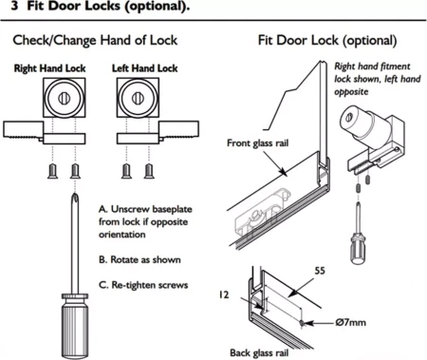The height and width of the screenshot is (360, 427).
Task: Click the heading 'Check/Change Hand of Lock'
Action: pyautogui.click(x=95, y=41)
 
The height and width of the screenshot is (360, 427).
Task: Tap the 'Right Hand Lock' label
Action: pyautogui.click(x=49, y=68)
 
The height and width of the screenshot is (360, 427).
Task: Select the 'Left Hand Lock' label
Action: pyautogui.click(x=144, y=68)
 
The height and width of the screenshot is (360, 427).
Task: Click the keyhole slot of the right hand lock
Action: pyautogui.click(x=64, y=99)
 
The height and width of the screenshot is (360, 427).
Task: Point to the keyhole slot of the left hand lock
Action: pyautogui.click(x=138, y=98)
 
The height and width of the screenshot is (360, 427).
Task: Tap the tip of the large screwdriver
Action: pyautogui.click(x=75, y=194)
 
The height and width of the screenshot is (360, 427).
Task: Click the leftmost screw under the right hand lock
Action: pyautogui.click(x=52, y=171)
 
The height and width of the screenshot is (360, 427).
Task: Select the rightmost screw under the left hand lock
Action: pyautogui.click(x=149, y=171)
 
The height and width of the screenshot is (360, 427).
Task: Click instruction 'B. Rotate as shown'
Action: pyautogui.click(x=139, y=260)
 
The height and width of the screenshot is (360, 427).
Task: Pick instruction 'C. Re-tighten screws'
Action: pyautogui.click(x=143, y=285)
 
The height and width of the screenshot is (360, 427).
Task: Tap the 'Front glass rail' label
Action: pyautogui.click(x=257, y=143)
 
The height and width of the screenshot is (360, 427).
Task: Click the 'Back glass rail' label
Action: pyautogui.click(x=259, y=352)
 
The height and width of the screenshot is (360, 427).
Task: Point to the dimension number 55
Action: pyautogui.click(x=320, y=271)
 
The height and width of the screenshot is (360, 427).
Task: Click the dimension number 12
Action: pyautogui.click(x=224, y=295)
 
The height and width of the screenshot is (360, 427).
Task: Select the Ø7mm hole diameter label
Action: pyautogui.click(x=350, y=323)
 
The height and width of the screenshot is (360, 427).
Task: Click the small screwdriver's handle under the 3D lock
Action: pyautogui.click(x=359, y=248)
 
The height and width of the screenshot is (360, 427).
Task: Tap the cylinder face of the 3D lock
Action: pyautogui.click(x=349, y=118)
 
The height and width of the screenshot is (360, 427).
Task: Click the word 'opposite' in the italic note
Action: pyautogui.click(x=351, y=92)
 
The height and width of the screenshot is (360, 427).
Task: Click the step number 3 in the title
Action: pyautogui.click(x=14, y=6)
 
